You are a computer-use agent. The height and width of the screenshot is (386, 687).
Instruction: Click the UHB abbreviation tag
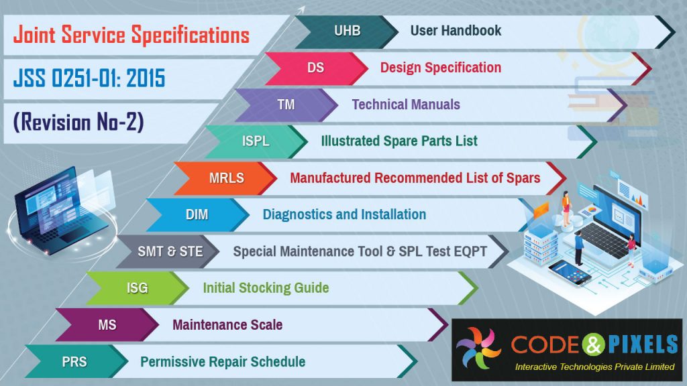tap(347, 31)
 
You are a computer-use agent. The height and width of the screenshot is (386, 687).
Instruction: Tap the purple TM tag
tap(286, 105)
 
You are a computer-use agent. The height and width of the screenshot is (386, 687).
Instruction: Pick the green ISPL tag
tap(256, 141)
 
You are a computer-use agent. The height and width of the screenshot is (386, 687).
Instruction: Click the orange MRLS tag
tap(226, 178)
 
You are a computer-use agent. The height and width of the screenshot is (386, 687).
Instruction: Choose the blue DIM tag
tap(197, 214)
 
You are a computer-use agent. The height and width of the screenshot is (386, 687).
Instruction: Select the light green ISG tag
tap(137, 288)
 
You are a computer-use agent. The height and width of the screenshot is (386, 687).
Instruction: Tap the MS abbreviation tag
tap(107, 325)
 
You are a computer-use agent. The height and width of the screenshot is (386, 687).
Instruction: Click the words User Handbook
tap(456, 31)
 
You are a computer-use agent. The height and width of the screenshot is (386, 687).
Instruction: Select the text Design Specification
tap(440, 68)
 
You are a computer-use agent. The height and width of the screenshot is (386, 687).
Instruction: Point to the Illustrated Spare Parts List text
tap(399, 141)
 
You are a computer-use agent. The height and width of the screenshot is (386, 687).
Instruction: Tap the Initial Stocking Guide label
tap(266, 288)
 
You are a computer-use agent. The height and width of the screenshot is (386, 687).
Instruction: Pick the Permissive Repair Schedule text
tap(223, 362)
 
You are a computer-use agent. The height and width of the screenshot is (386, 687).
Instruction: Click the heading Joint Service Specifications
tap(131, 35)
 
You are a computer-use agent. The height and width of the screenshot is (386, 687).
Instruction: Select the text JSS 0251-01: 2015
tap(89, 80)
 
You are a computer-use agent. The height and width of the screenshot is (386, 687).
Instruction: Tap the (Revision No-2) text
tap(78, 123)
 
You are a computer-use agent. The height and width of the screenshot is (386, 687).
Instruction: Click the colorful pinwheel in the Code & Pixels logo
tap(478, 346)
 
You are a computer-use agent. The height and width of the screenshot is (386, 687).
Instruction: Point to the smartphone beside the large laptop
tap(570, 271)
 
